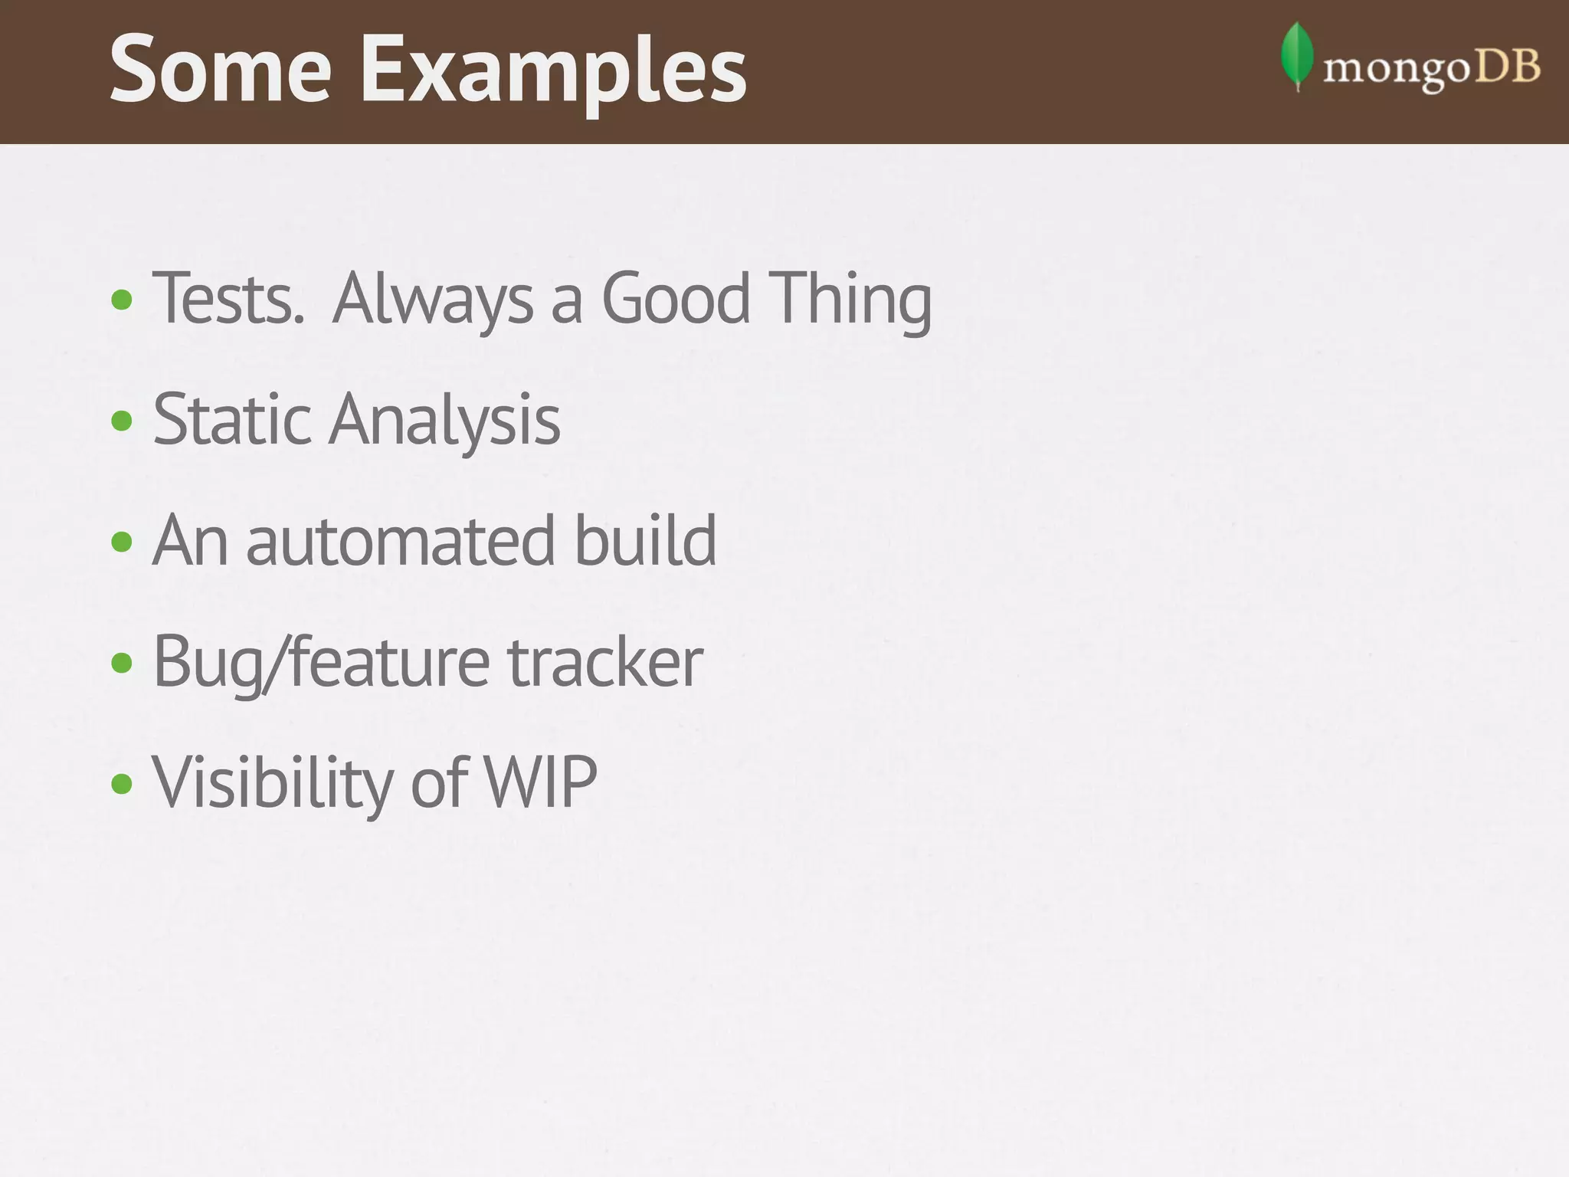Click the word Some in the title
(x=221, y=70)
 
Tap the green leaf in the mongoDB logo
(x=1296, y=55)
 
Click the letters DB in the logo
(x=1507, y=67)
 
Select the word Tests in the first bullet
(x=228, y=299)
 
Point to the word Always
(x=433, y=299)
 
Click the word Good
(x=676, y=299)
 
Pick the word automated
(x=400, y=541)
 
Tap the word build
(x=645, y=541)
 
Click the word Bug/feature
(x=321, y=661)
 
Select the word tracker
(x=605, y=661)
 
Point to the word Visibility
(x=273, y=782)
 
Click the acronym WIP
(x=540, y=782)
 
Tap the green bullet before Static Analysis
(x=122, y=421)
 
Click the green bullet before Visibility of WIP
(x=122, y=784)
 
